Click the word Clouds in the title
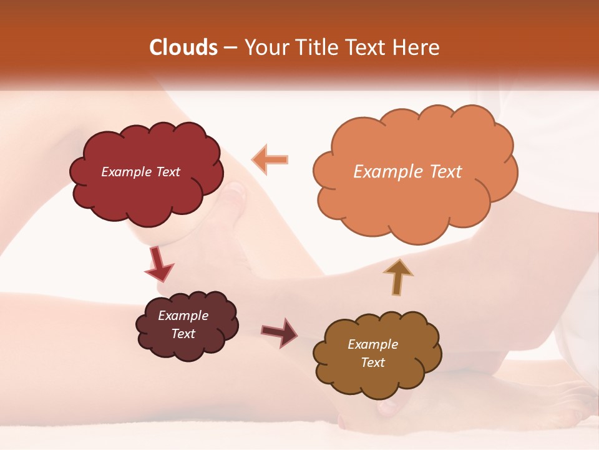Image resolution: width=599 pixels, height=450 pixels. point(183,47)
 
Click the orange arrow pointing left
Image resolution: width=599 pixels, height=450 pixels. point(270,159)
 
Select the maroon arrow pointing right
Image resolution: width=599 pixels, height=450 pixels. point(280,332)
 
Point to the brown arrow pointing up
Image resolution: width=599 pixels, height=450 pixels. point(397,277)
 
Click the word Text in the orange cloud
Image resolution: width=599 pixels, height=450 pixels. point(446,172)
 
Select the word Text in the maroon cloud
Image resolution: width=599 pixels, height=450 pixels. point(183,334)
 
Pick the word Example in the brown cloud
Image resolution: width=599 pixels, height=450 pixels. point(373,344)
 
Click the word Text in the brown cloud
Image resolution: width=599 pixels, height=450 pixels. point(373,362)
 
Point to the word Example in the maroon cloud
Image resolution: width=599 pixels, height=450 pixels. point(183,316)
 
